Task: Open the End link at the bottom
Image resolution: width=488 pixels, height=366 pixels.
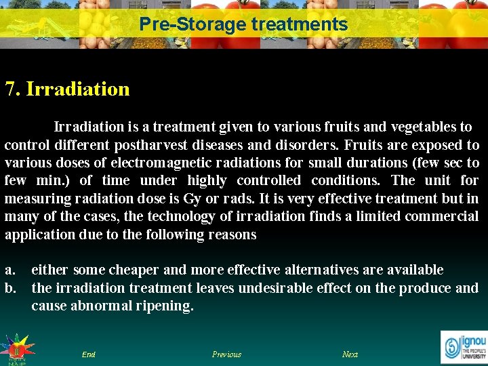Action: pyautogui.click(x=88, y=354)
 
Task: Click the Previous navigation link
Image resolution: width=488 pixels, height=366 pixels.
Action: pyautogui.click(x=226, y=354)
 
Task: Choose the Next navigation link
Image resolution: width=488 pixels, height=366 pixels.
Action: pyautogui.click(x=350, y=354)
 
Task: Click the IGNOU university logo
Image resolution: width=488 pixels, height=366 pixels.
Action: pyautogui.click(x=464, y=345)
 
